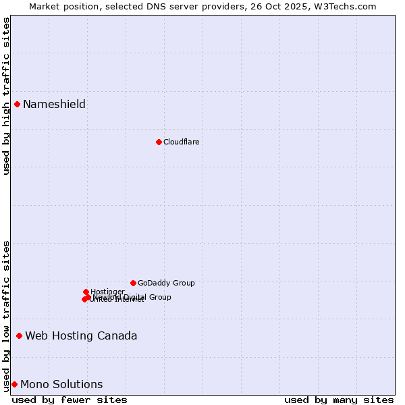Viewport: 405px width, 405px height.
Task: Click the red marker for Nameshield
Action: tap(17, 104)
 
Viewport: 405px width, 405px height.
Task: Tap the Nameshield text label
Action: tap(54, 104)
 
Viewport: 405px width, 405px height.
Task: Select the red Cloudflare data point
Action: tap(159, 142)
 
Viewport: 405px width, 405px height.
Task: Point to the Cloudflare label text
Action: tap(181, 142)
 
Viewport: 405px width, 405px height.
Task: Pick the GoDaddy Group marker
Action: tap(133, 283)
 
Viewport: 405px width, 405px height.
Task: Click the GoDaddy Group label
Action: tap(166, 283)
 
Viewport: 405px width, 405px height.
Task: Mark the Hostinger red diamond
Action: tap(86, 292)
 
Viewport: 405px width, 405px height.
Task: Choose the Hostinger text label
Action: tap(107, 292)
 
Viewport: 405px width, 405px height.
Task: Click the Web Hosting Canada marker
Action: tap(19, 335)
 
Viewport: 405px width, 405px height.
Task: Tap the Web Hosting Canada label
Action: tap(81, 335)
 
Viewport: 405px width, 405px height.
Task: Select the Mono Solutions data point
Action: tap(14, 384)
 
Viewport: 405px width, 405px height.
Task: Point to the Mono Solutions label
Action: tap(61, 385)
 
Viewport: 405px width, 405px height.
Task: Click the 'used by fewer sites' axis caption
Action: tap(70, 400)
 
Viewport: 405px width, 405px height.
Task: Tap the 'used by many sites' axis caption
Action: tap(339, 400)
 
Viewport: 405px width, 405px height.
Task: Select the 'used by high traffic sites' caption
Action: tap(6, 96)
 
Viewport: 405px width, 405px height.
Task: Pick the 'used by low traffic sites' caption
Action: tap(6, 315)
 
